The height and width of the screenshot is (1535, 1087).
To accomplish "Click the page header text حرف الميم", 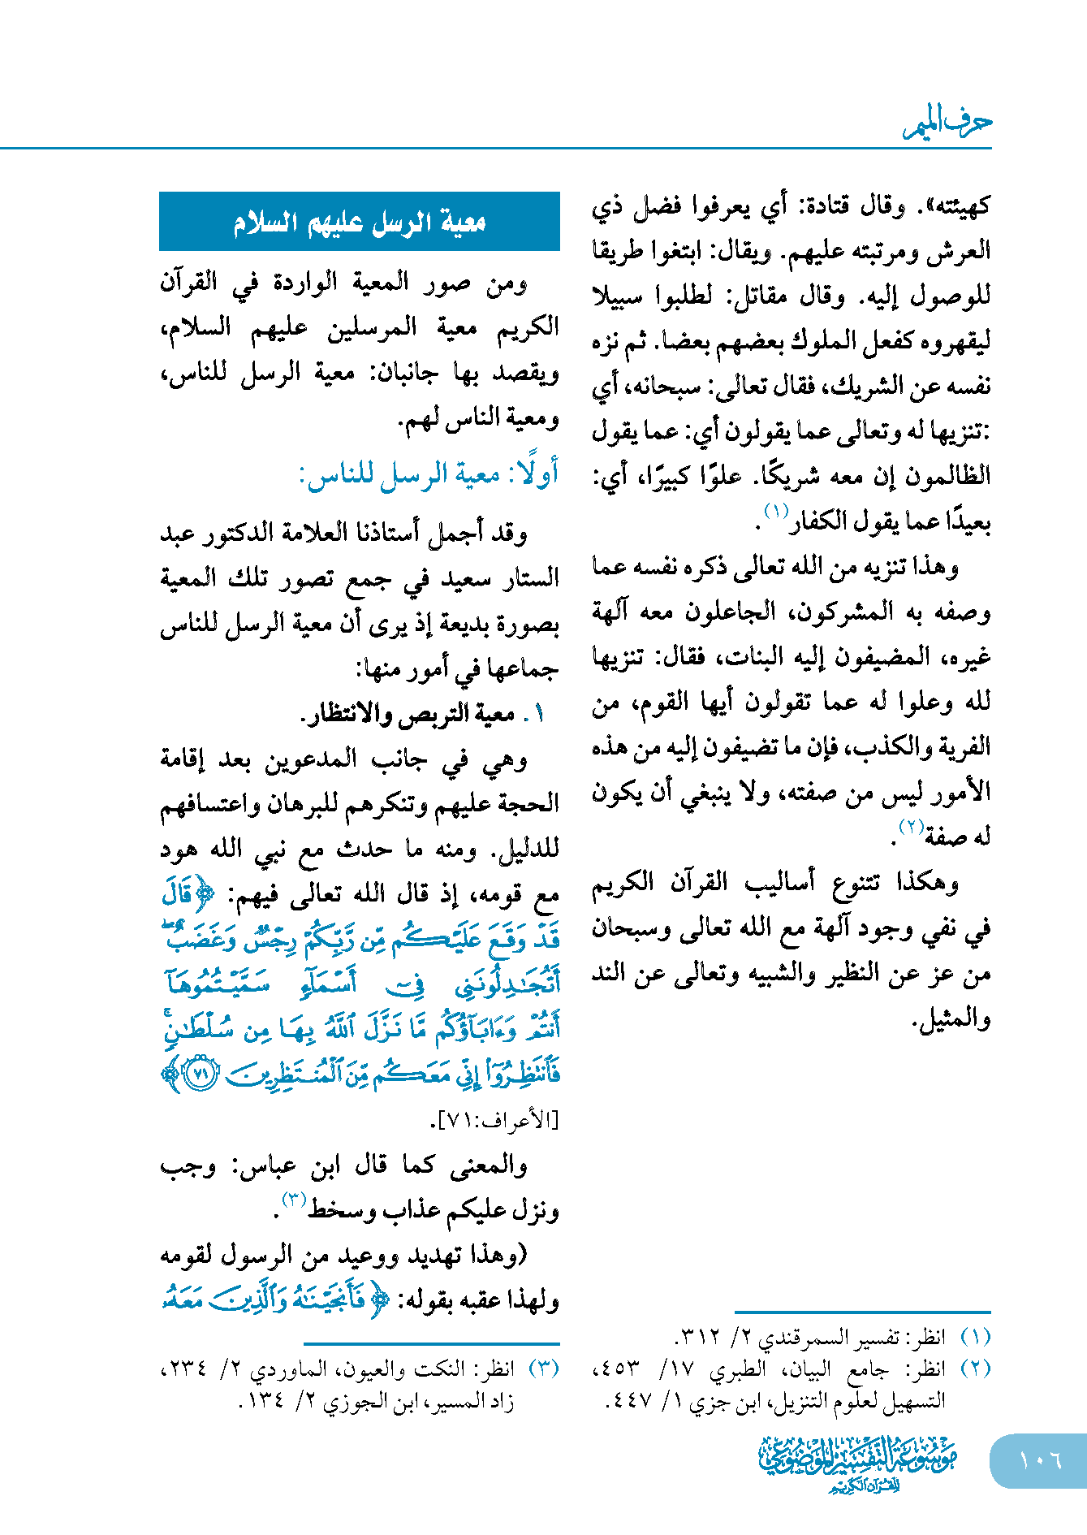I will point(947,123).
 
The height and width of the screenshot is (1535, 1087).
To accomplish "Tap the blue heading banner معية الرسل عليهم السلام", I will point(360,222).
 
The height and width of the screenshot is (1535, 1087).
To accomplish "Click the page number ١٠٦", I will point(1040,1459).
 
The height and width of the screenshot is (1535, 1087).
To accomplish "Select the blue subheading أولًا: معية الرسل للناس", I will point(429,473).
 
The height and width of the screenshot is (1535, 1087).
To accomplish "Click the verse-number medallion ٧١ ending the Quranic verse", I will point(201,1074).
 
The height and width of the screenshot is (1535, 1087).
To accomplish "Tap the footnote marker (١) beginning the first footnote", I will point(975,1337).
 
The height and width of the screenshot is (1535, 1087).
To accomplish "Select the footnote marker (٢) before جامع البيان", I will point(975,1369).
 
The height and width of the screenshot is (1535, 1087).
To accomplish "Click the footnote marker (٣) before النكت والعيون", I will point(544,1369).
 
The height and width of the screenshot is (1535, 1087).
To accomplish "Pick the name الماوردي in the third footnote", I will point(284,1369).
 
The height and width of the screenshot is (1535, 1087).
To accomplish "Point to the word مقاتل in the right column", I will point(761,296).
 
